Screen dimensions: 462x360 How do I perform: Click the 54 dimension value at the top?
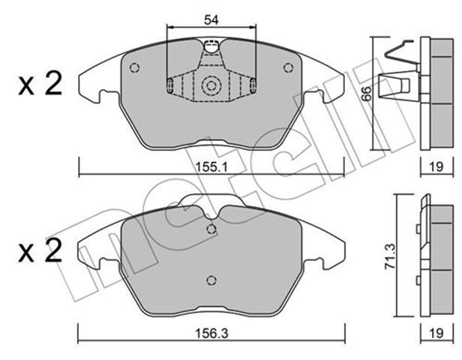[211, 19]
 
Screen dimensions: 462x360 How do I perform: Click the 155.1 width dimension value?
[211, 167]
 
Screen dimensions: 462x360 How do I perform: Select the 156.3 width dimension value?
[211, 334]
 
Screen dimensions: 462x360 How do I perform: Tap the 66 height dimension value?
[367, 94]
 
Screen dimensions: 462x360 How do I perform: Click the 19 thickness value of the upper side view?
[436, 167]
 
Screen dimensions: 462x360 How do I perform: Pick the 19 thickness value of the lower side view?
[436, 333]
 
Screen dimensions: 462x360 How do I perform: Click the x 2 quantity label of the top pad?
[40, 84]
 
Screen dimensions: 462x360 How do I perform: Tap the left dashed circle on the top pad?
[134, 68]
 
